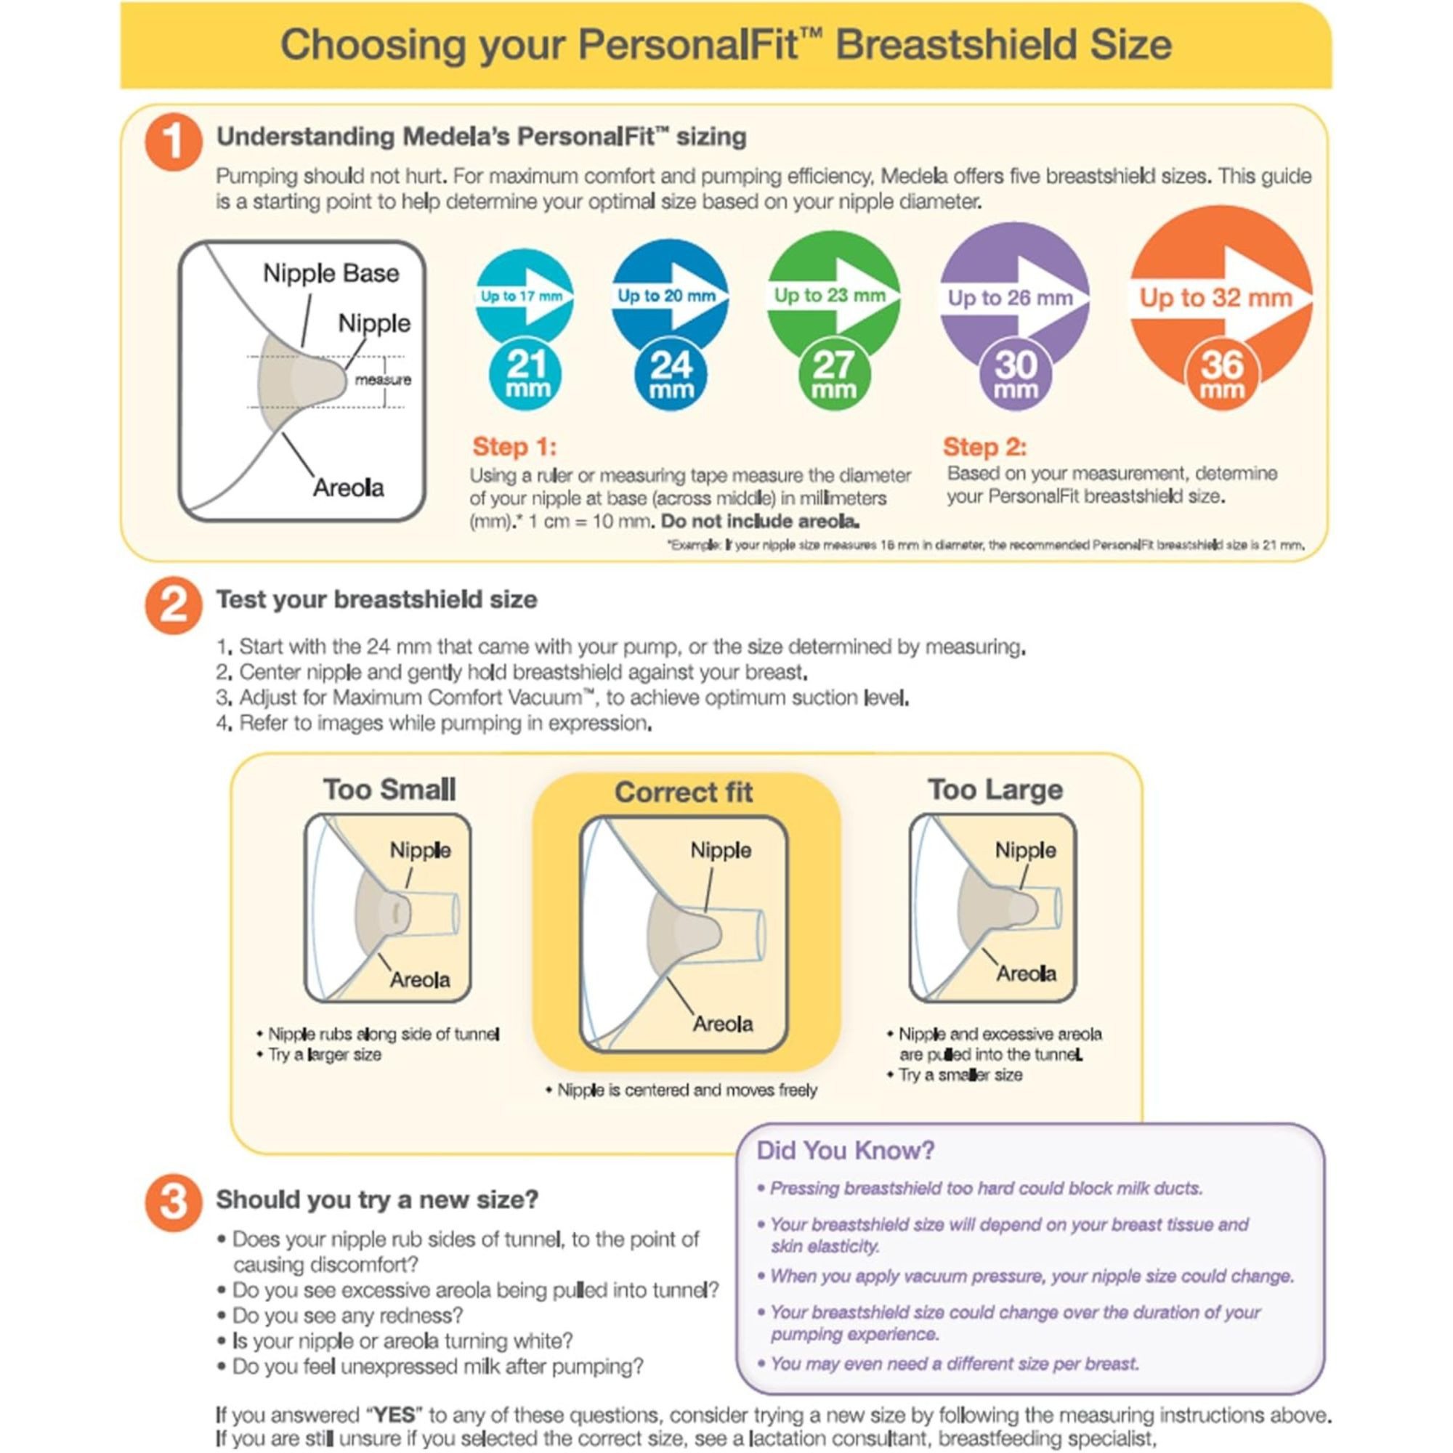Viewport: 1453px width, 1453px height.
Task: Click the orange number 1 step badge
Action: [x=173, y=142]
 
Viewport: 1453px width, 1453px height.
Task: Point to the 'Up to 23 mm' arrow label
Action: [x=830, y=295]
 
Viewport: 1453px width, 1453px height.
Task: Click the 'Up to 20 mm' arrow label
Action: [x=665, y=296]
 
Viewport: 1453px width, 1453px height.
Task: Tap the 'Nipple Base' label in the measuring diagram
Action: [x=331, y=273]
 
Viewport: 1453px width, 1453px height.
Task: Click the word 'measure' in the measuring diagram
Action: [x=383, y=380]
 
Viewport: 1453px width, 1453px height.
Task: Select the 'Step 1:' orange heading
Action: [x=514, y=447]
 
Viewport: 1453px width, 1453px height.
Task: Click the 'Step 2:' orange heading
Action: [x=984, y=447]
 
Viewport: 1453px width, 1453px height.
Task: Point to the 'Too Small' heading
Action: [x=389, y=790]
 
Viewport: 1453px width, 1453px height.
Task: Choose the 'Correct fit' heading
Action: [x=683, y=792]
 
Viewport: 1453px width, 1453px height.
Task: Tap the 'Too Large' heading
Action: [x=995, y=790]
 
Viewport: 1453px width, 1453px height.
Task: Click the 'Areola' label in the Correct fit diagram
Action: [x=722, y=1024]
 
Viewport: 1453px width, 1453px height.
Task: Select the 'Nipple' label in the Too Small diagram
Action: [x=420, y=851]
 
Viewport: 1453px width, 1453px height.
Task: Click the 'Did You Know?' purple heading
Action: [x=846, y=1151]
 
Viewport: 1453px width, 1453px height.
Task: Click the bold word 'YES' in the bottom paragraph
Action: [x=394, y=1414]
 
